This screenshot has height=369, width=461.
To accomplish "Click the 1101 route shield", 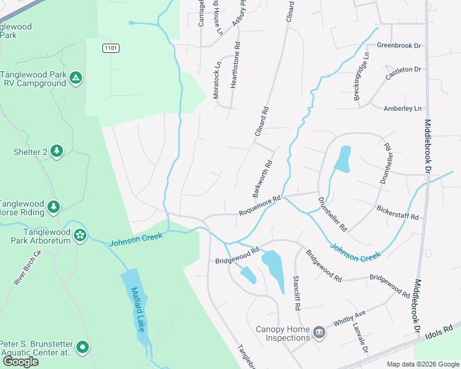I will (111, 47).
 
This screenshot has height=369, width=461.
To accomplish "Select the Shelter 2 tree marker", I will (57, 151).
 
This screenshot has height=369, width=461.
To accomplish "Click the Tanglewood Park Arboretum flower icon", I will (80, 234).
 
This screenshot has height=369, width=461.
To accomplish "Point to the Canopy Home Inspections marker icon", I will (319, 333).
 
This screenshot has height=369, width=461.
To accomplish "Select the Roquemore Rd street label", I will (259, 206).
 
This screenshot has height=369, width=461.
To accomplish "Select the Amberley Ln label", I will (404, 108).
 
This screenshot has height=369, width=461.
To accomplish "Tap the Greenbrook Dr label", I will (398, 46).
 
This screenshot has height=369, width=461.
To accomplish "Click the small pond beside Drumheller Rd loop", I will (342, 158).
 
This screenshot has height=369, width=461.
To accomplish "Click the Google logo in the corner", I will (20, 362).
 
